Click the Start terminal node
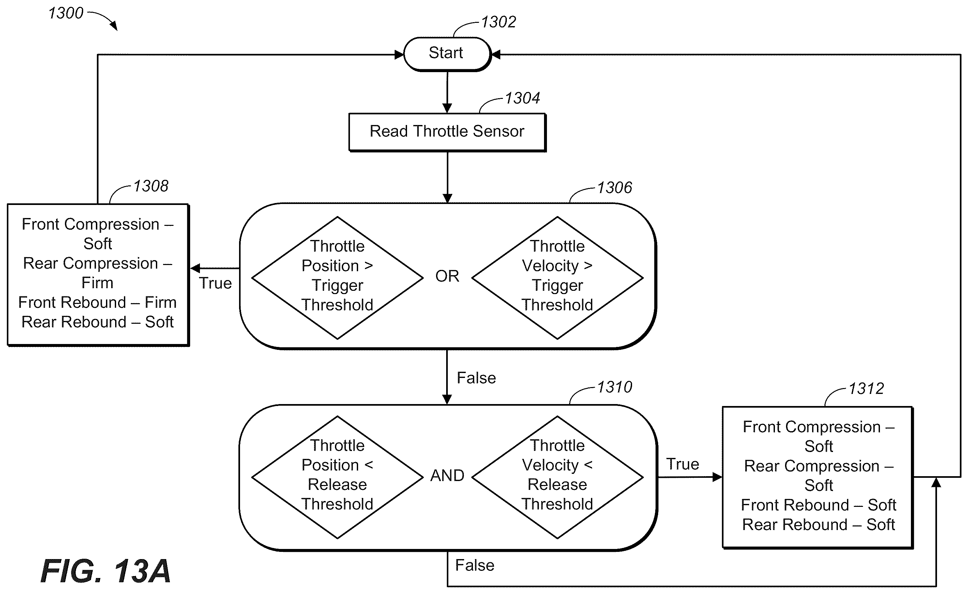pos(447,54)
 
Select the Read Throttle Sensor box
pos(447,132)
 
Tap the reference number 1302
pos(498,22)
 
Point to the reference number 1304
pos(522,98)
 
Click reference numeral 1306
pos(614,188)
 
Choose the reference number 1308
pos(151,186)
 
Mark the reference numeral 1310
pos(614,387)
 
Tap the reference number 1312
pos(866,389)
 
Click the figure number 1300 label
pos(66,13)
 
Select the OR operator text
pos(447,276)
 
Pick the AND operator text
pos(447,476)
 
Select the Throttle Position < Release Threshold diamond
pos(338,477)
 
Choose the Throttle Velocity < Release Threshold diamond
pos(557,477)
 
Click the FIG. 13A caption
pos(105,571)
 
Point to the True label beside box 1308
pos(215,283)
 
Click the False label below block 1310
pos(475,565)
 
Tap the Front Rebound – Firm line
pos(98,302)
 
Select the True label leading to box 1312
pos(683,464)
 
